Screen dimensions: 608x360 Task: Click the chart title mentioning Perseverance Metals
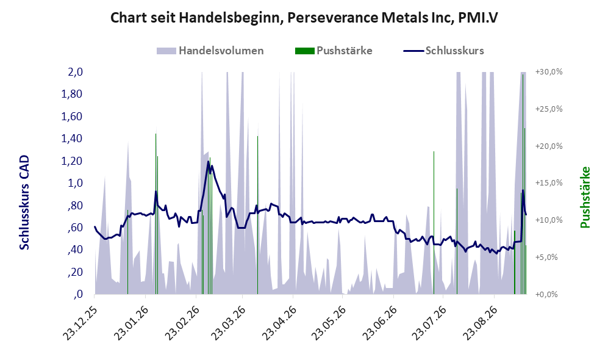(x=304, y=18)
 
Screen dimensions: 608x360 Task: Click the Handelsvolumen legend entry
(x=210, y=51)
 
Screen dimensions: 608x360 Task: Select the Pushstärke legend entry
(x=334, y=51)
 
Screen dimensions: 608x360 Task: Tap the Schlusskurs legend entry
(x=443, y=51)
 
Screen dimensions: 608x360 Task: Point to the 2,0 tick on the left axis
(x=75, y=72)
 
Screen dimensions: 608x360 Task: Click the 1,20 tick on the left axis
(x=72, y=160)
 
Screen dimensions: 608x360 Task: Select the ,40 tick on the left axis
(x=75, y=250)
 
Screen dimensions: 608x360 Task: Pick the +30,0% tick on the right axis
(x=549, y=72)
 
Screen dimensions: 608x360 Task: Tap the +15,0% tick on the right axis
(x=549, y=182)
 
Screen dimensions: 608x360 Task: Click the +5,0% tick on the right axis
(x=547, y=257)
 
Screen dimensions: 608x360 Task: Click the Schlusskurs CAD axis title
(x=24, y=203)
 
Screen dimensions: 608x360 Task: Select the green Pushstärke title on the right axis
(x=585, y=198)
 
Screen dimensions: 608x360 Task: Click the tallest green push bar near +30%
(x=523, y=184)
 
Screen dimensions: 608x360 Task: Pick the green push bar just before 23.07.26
(x=434, y=223)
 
